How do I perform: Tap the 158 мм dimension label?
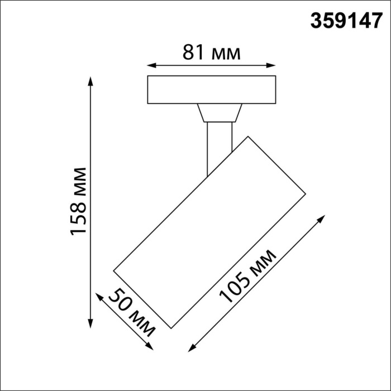point(79,201)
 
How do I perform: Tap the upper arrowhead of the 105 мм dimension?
point(321,218)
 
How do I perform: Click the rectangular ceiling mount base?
point(212,89)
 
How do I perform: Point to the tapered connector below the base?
point(219,113)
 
